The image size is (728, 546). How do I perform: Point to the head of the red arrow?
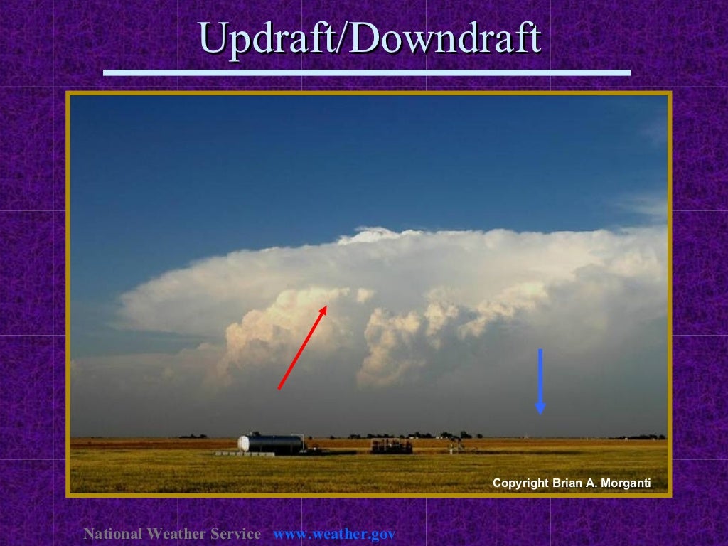click(324, 308)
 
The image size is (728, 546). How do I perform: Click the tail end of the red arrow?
click(279, 388)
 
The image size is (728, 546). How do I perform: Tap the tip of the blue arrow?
click(540, 412)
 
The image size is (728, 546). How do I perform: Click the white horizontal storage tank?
click(270, 444)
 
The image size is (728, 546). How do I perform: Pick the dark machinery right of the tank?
click(391, 446)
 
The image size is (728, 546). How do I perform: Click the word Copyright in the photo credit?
click(520, 483)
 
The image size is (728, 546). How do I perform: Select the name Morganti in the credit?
click(625, 483)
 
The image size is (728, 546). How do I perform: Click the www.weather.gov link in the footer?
click(334, 534)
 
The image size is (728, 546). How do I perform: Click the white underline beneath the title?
click(367, 73)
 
